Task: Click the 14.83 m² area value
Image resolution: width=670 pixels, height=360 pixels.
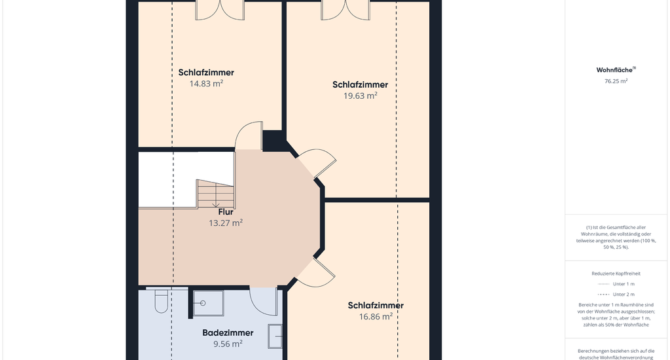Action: (x=206, y=84)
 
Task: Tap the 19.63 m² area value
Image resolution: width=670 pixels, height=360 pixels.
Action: (x=361, y=96)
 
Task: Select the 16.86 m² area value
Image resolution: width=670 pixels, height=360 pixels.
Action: (x=376, y=317)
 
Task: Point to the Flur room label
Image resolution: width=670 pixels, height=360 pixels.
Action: (x=226, y=212)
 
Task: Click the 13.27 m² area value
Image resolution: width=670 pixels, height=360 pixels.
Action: (x=226, y=223)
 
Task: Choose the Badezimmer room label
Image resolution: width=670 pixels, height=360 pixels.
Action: (x=228, y=333)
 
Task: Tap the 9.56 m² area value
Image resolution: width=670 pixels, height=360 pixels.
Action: (x=228, y=344)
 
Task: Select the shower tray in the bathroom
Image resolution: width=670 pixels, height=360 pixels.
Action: (x=209, y=303)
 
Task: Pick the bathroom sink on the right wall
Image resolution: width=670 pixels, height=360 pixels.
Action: (x=275, y=336)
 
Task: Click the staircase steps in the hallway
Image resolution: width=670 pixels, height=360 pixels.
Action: (x=215, y=194)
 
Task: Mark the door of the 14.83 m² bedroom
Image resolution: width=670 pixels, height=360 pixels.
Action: (x=249, y=136)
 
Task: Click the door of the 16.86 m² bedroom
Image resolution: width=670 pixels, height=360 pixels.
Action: (x=316, y=272)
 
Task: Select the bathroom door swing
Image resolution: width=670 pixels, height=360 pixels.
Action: (x=264, y=302)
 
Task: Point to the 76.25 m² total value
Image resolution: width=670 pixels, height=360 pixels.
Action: (x=616, y=81)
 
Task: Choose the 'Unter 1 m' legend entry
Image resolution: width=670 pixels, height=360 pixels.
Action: (x=616, y=284)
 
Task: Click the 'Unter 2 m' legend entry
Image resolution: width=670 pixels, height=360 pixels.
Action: (x=616, y=294)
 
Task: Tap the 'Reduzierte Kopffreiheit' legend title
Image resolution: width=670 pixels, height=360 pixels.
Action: (x=616, y=274)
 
